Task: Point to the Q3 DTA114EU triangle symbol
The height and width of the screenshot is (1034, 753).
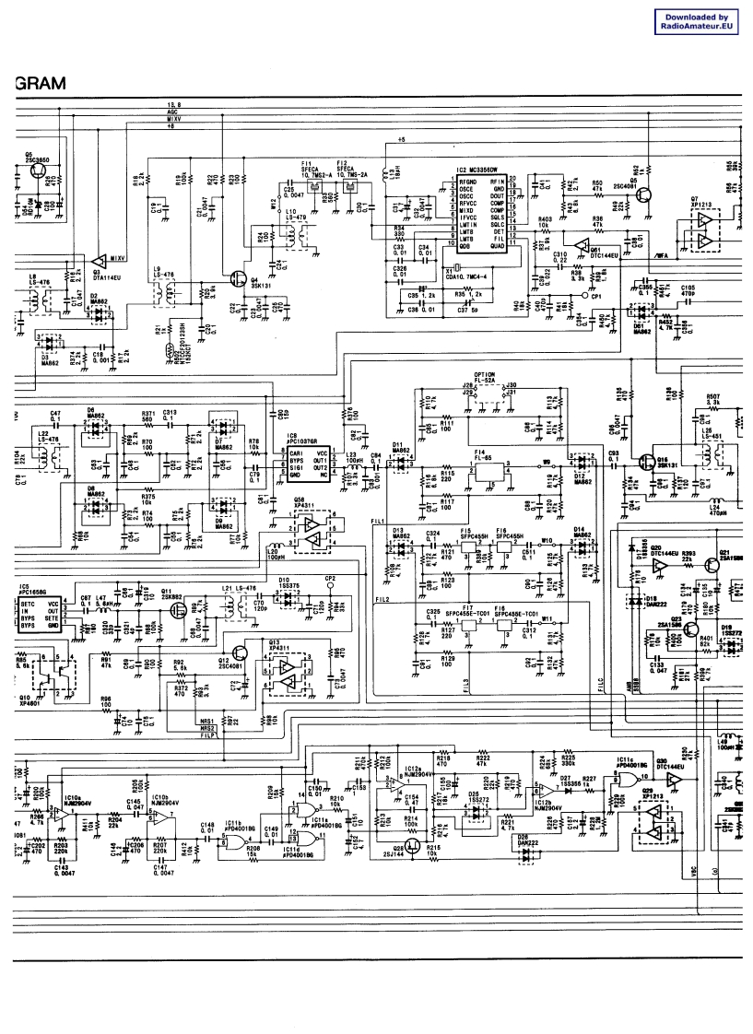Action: tap(99, 260)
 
